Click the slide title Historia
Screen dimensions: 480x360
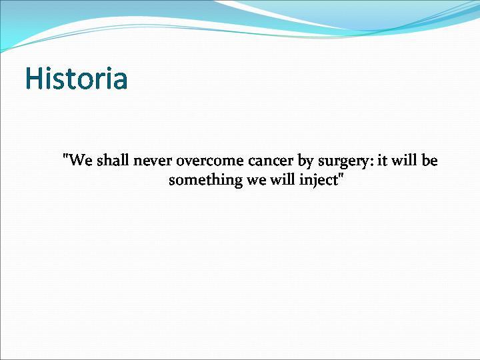(76, 78)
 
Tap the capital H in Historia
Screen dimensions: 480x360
(33, 78)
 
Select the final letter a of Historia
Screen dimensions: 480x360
(120, 81)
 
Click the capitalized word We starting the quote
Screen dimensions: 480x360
(79, 160)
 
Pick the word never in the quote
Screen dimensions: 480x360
(152, 161)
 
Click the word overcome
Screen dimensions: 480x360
(210, 161)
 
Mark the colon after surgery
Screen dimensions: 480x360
(372, 161)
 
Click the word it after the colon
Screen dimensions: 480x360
(382, 160)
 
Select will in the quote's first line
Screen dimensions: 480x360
(404, 160)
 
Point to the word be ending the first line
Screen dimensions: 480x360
(429, 160)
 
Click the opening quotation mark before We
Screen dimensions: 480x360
(64, 156)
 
